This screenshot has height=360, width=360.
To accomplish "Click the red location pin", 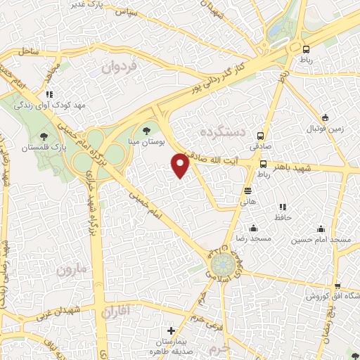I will click(181, 166).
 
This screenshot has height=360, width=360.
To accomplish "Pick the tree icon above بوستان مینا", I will click(146, 129).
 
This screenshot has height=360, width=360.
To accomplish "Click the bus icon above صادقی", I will click(260, 136).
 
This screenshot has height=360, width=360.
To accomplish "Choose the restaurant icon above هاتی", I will click(247, 190).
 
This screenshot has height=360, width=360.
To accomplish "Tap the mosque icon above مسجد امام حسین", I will click(321, 229).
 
